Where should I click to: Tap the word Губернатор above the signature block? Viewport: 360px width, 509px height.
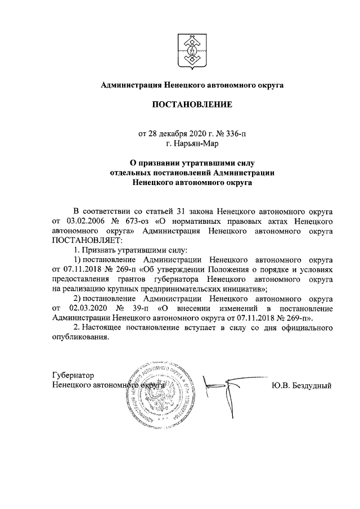pos(72,375)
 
